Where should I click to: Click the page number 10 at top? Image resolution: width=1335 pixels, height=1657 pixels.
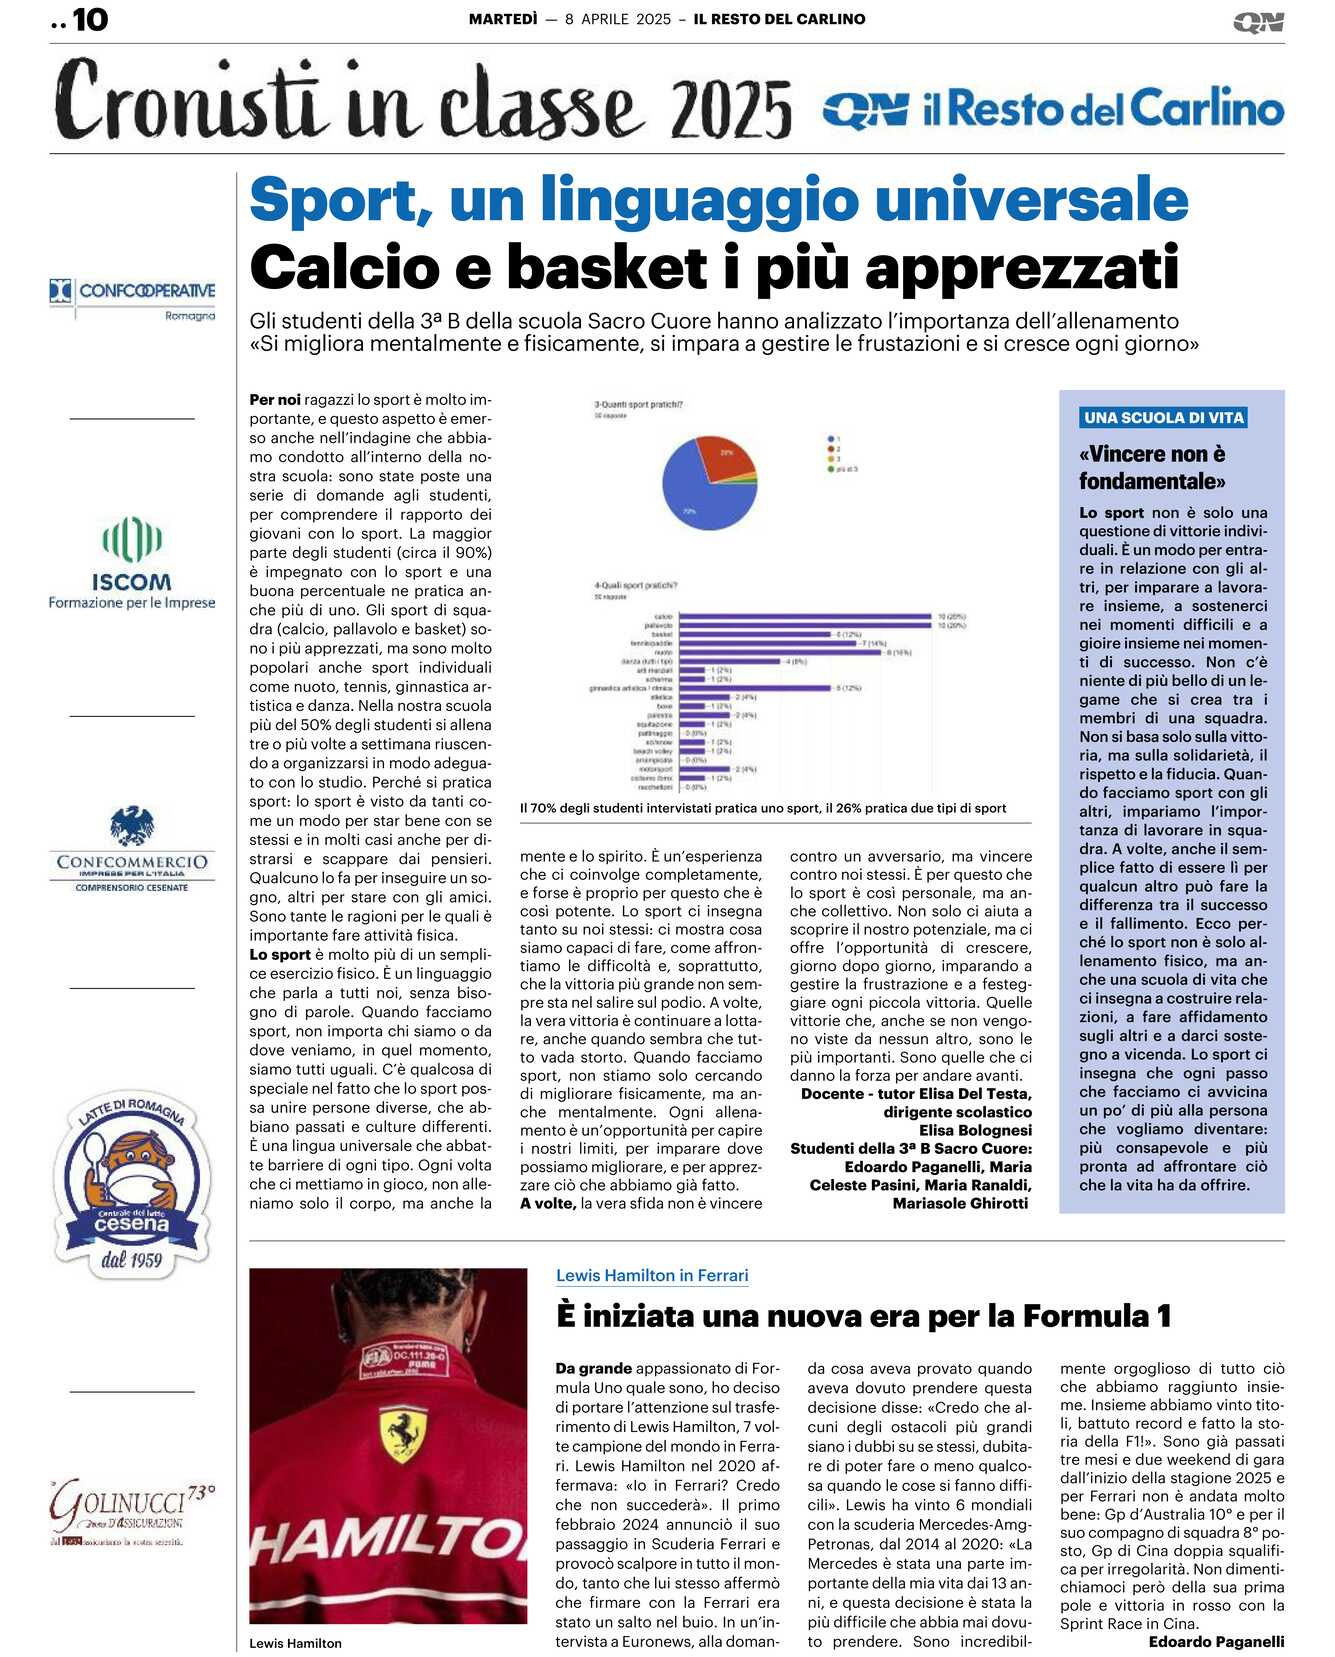[89, 19]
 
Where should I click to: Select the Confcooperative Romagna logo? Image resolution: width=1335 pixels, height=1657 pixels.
[133, 298]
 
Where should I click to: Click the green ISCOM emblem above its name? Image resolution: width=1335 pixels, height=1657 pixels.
[132, 540]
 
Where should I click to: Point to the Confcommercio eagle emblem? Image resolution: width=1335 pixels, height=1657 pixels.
[132, 826]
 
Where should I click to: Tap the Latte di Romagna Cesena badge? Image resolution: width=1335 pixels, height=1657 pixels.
[132, 1183]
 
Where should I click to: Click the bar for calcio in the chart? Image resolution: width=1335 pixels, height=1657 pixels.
[806, 617]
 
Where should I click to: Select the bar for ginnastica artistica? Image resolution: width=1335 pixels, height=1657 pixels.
[755, 688]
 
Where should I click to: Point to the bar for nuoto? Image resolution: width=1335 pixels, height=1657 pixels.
[780, 652]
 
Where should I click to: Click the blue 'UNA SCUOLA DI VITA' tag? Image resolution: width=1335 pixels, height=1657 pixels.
[1163, 418]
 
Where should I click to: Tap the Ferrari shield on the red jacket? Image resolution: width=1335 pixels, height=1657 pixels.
[403, 1434]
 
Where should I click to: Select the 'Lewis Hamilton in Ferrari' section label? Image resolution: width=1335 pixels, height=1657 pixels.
[652, 1275]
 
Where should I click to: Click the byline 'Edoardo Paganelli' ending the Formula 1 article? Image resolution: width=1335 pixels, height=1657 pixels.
[1216, 1641]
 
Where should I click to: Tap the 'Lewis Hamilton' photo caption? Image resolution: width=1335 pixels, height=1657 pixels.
[295, 1643]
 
